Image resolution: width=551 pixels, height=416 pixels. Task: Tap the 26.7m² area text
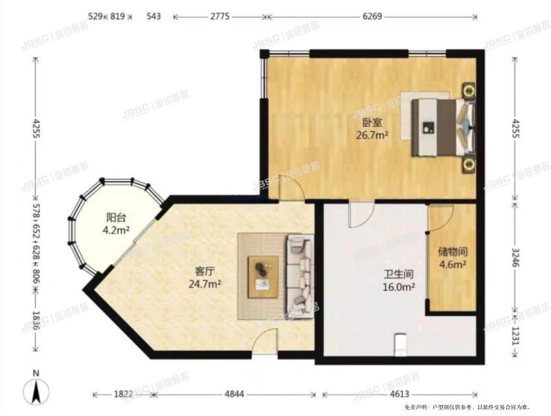tap(372, 135)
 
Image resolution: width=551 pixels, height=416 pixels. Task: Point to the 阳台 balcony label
tap(115, 218)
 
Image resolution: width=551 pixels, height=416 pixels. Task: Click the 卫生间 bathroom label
tap(398, 274)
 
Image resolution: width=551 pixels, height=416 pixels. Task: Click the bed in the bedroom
tap(439, 127)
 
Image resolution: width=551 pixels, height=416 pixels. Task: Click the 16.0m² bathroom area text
tap(398, 287)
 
